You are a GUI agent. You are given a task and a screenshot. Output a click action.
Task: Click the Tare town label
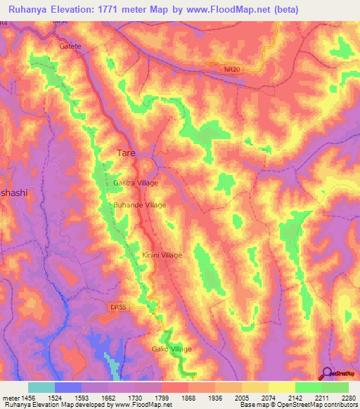click(x=124, y=152)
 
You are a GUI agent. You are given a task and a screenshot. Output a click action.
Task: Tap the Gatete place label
click(x=70, y=46)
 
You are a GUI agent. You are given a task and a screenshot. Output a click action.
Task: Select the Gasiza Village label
click(x=136, y=183)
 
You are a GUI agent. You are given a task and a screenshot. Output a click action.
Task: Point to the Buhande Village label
click(x=140, y=205)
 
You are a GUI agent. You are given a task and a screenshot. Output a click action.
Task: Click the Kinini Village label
click(x=162, y=256)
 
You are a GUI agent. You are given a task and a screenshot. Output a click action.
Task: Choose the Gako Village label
click(x=172, y=349)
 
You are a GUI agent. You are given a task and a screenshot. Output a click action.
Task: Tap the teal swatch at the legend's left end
click(x=41, y=387)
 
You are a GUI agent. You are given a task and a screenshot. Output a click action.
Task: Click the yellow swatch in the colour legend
click(x=281, y=387)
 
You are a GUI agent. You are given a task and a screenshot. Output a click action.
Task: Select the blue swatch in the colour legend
click(x=67, y=387)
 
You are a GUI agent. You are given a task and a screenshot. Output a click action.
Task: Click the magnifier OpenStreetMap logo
click(x=327, y=374)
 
